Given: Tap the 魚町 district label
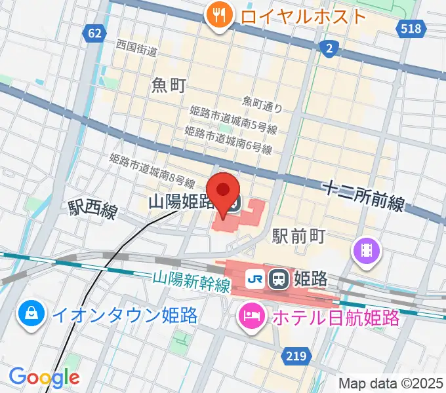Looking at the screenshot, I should [169, 84].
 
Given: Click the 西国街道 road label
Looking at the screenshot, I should [136, 48].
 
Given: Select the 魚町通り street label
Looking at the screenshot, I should [262, 102].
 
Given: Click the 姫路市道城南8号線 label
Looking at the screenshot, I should [152, 170].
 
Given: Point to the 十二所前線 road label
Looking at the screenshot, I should [363, 196].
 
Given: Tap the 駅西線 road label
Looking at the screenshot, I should [92, 209].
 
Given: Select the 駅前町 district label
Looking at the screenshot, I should [299, 234].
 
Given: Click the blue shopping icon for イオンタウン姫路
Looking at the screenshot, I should [30, 316].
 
